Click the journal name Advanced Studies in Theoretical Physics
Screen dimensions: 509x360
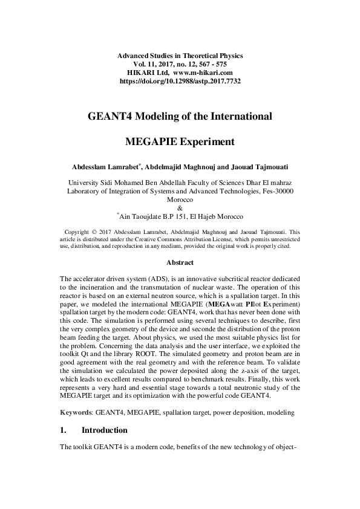pyautogui.click(x=180, y=56)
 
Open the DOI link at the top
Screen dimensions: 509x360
pyautogui.click(x=180, y=80)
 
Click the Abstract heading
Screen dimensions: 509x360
pyautogui.click(x=180, y=262)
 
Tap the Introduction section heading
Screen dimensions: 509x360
pyautogui.click(x=104, y=430)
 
